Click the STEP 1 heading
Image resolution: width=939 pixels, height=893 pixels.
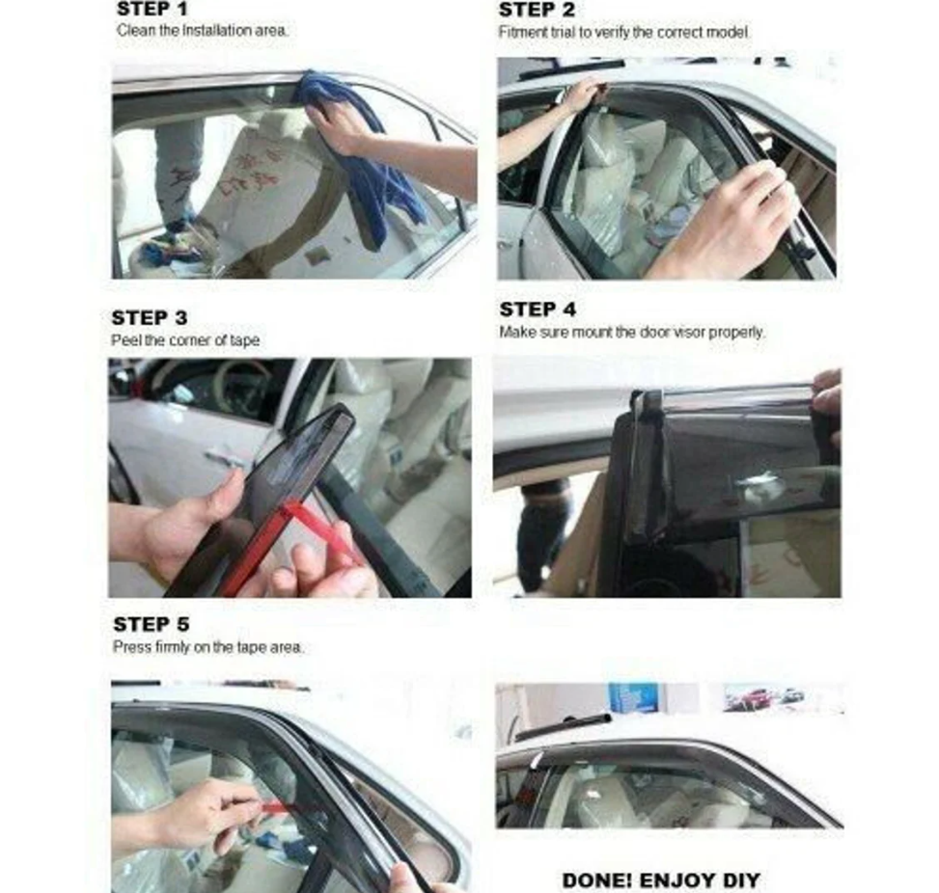click(x=152, y=9)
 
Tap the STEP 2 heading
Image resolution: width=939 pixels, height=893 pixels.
click(x=537, y=10)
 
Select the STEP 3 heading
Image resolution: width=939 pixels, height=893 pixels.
click(x=150, y=317)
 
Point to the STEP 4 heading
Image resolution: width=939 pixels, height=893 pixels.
click(x=538, y=310)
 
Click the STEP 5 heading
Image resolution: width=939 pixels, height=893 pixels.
click(x=151, y=624)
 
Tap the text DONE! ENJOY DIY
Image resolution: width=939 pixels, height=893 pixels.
click(x=661, y=880)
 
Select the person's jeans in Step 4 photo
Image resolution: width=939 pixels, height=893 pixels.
click(x=542, y=539)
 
